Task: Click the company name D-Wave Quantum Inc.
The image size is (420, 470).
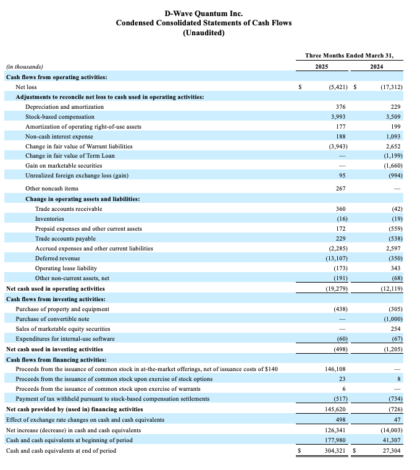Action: click(x=204, y=13)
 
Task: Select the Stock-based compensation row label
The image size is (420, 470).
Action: click(x=60, y=116)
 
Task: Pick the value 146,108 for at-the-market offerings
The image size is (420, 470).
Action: click(x=337, y=369)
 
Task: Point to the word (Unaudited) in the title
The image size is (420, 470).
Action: click(x=204, y=33)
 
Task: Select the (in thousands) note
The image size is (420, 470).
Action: click(x=24, y=67)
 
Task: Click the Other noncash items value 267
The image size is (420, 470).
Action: click(x=340, y=189)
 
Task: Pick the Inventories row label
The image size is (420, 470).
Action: click(x=49, y=219)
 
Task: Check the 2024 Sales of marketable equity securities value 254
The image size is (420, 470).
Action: click(x=395, y=328)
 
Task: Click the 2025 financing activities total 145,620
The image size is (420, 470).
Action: click(x=337, y=409)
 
